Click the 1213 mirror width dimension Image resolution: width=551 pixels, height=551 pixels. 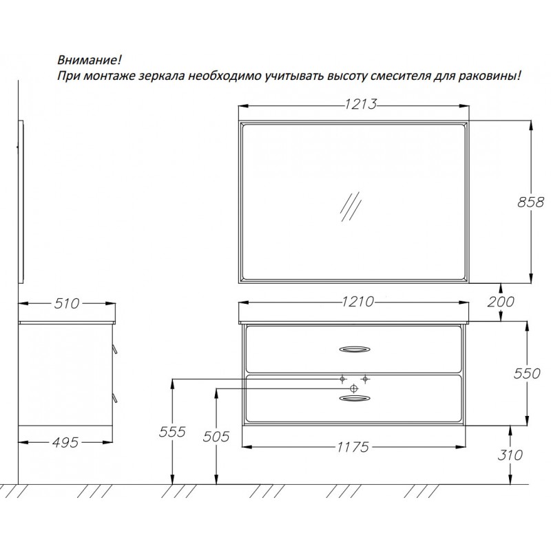[360, 104]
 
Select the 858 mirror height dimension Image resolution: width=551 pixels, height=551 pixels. [530, 202]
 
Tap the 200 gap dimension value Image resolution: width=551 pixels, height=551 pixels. [501, 302]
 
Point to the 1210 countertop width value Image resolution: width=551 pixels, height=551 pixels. [357, 302]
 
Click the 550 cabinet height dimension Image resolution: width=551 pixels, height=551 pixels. [527, 373]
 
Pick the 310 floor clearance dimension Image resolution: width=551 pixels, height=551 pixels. [510, 455]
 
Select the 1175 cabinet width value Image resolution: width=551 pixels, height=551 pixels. [353, 447]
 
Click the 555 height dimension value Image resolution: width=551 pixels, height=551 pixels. [171, 432]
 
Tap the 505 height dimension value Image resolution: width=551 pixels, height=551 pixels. [216, 437]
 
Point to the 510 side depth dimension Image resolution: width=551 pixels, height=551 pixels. [67, 303]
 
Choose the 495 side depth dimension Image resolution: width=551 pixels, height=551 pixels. [65, 442]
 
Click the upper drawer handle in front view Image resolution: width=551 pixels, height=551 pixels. [355, 349]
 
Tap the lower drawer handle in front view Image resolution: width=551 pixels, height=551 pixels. [355, 398]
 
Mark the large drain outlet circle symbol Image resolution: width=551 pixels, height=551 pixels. [354, 388]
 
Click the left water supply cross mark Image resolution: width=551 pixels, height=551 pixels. [342, 380]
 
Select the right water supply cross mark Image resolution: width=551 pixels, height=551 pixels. [365, 380]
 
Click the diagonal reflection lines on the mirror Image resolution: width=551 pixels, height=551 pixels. [351, 207]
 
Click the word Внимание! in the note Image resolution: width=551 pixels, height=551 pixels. [90, 60]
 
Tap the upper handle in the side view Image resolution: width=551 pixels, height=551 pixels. [115, 349]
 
